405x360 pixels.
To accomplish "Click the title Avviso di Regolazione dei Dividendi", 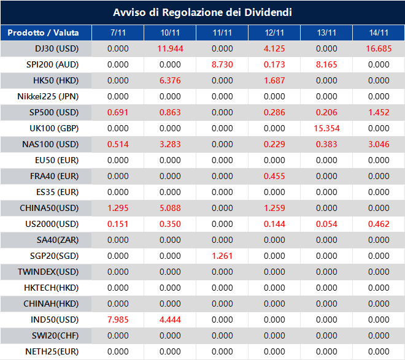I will (202, 12).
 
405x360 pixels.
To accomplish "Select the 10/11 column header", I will (170, 33).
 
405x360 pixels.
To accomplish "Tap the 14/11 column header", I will (379, 33).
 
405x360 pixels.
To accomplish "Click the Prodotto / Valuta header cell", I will (46, 33).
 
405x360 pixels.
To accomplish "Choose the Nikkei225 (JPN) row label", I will (48, 96).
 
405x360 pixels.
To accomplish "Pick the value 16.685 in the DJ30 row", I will (379, 48).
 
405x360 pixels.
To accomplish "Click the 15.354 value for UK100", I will (326, 128).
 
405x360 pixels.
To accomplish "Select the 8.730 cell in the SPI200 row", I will (222, 64).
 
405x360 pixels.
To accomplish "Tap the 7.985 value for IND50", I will (118, 320).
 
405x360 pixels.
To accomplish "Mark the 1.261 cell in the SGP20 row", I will (222, 256).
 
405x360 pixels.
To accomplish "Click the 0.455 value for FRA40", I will (274, 176).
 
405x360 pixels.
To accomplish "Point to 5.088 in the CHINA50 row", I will (170, 208).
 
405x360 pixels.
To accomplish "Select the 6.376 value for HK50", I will (170, 80).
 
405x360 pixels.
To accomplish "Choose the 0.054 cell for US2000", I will (326, 224).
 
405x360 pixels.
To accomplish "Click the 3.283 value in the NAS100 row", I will (170, 144).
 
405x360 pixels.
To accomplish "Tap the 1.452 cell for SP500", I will (379, 112).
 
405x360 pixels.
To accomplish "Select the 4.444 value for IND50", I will (170, 320).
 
